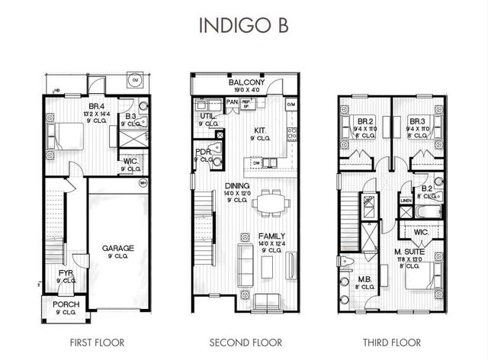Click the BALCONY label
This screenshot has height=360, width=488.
[x=246, y=82]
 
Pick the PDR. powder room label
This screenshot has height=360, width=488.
[x=202, y=152]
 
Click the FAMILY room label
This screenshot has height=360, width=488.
[x=271, y=236]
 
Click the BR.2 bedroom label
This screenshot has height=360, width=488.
[x=364, y=121]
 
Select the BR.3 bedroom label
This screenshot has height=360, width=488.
[x=416, y=121]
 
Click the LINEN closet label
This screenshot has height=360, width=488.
[x=406, y=201]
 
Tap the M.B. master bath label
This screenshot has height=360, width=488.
[x=364, y=279]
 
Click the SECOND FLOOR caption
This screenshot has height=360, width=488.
[x=246, y=341]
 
